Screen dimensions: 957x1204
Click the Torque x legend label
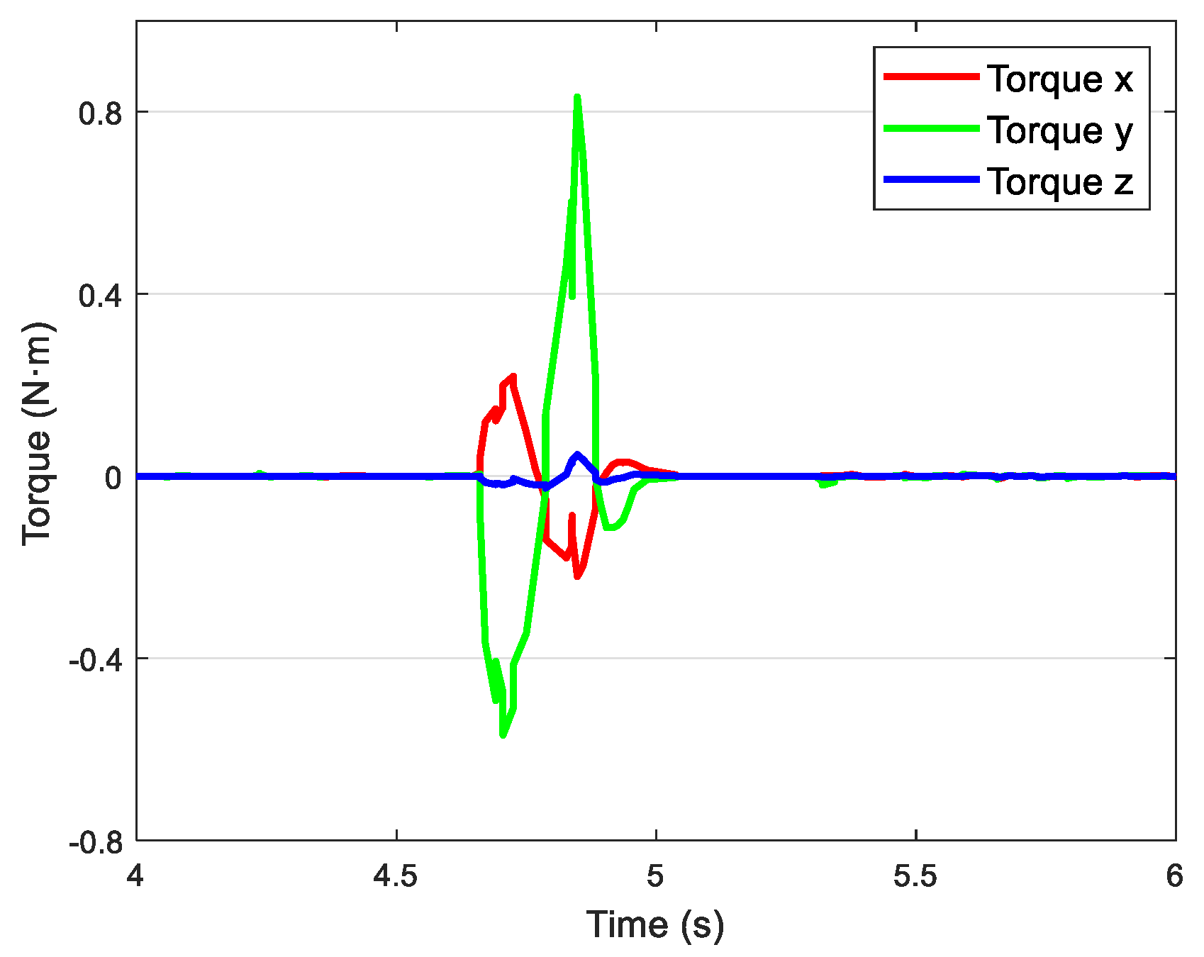pyautogui.click(x=1060, y=79)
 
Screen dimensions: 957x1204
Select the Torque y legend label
pyautogui.click(x=1060, y=130)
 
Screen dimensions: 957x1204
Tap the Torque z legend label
pyautogui.click(x=1060, y=181)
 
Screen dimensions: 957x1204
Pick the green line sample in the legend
pyautogui.click(x=931, y=128)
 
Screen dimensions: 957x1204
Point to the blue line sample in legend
pyautogui.click(x=931, y=180)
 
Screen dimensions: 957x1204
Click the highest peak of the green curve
pyautogui.click(x=577, y=97)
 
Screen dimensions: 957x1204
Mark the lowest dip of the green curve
pyautogui.click(x=503, y=735)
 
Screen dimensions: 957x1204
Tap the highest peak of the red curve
pyautogui.click(x=513, y=376)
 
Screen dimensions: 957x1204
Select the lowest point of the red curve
pyautogui.click(x=578, y=576)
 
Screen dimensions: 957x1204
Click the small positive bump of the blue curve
pyautogui.click(x=578, y=454)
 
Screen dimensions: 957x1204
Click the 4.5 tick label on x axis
pyautogui.click(x=396, y=877)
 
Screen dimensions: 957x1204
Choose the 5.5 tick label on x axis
pyautogui.click(x=916, y=877)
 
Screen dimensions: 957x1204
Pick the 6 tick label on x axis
pyautogui.click(x=1175, y=877)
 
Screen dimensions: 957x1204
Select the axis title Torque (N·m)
pyautogui.click(x=37, y=434)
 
